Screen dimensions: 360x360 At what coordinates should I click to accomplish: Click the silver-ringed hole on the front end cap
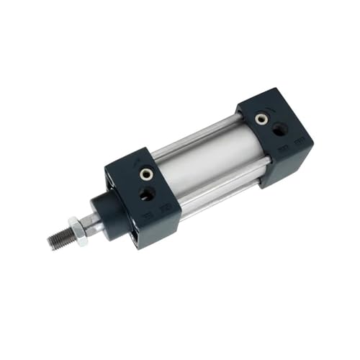click(x=147, y=174)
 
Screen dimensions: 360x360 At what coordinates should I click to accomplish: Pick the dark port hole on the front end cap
click(x=147, y=193)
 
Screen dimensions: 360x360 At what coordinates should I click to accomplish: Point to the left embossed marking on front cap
click(x=148, y=215)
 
